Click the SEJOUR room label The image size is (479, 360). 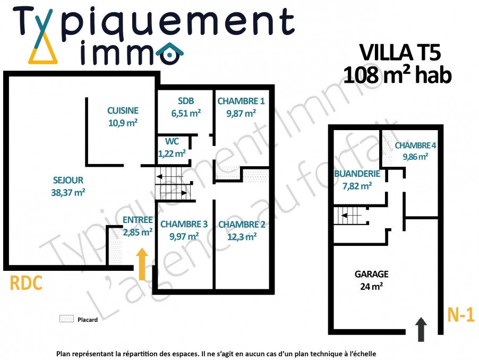coord(68,180)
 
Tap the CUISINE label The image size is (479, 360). coord(123,110)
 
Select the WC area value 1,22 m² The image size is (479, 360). coord(172,153)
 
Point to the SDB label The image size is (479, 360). coord(186,101)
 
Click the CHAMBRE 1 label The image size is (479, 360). coord(241,101)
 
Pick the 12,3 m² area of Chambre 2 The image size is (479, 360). coord(242,237)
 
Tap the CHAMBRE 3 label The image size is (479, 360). coord(184,224)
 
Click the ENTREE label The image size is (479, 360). coord(138,220)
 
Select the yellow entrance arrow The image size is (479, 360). coord(142,264)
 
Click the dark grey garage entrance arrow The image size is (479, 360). coord(421,329)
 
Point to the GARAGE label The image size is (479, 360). coord(372,274)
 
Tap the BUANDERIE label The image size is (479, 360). coord(357,174)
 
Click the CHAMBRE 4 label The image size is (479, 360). coord(415,145)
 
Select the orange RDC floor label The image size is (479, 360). coord(26,283)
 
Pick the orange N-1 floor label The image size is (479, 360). coord(461,314)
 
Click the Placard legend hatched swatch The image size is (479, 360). coord(66,319)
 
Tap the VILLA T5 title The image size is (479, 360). coord(400,53)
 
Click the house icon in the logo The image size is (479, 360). coord(169,54)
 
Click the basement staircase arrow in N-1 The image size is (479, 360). coord(352,216)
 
